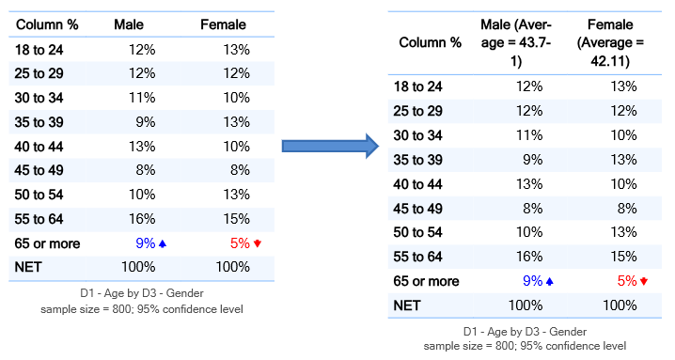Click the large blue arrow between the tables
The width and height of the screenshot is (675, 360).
[x=330, y=146]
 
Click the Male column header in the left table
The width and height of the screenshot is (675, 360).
[x=129, y=24]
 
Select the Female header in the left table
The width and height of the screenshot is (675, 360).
[x=223, y=24]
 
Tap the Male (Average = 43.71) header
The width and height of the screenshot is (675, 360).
[x=516, y=42]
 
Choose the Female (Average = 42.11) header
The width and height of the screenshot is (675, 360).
[x=610, y=42]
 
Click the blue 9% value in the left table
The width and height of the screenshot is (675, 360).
[x=145, y=243]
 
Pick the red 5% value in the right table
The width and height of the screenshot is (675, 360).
[x=627, y=281]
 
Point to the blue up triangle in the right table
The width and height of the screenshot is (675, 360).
[x=549, y=282]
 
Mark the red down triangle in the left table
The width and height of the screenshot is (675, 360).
[x=258, y=243]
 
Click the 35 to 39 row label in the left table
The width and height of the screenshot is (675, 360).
[x=39, y=122]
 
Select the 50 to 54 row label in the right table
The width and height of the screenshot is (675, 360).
[x=417, y=232]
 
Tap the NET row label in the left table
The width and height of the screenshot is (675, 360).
[x=28, y=267]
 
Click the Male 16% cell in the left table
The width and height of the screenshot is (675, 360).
[x=142, y=219]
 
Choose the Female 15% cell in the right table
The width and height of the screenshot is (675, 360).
[x=624, y=257]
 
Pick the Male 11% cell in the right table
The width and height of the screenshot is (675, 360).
[x=529, y=135]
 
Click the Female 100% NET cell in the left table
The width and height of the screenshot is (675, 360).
[x=232, y=267]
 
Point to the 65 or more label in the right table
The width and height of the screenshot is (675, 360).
[x=426, y=281]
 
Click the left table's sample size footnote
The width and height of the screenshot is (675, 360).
[x=142, y=309]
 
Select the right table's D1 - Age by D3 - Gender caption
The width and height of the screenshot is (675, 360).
[x=525, y=332]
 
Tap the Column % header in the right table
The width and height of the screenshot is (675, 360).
[x=430, y=42]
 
